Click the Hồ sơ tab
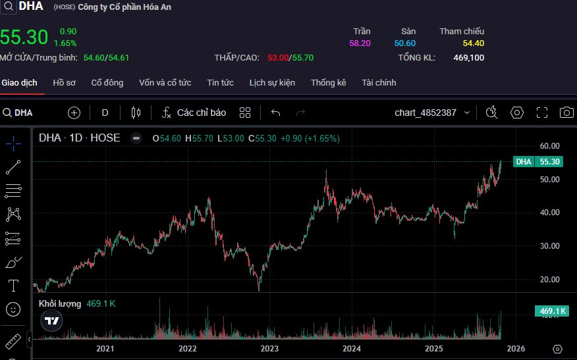tap(65, 83)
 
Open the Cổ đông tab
tap(107, 83)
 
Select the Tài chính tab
tap(379, 83)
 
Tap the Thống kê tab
tap(329, 83)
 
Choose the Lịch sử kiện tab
tap(272, 83)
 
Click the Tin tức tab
tap(220, 83)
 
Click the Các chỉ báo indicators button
tap(194, 113)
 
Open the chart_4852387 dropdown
tap(432, 113)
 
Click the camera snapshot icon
tap(566, 113)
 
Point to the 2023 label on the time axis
tap(269, 348)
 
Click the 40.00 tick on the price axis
tap(549, 213)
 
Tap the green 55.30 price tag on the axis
tap(549, 161)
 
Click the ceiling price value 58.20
tap(360, 43)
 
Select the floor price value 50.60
tap(405, 43)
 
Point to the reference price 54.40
tap(473, 43)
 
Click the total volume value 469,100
tap(469, 58)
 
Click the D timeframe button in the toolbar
tap(105, 113)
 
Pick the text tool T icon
tap(13, 285)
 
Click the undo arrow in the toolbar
tap(275, 113)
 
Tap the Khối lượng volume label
tap(60, 304)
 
